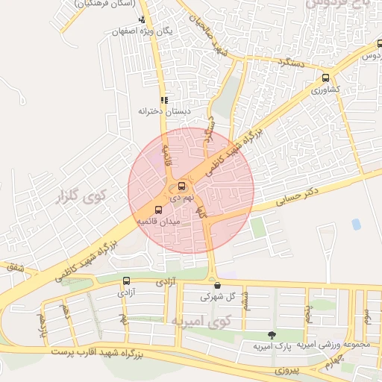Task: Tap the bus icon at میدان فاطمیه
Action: pyautogui.click(x=157, y=210)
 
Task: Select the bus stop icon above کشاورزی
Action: pyautogui.click(x=325, y=78)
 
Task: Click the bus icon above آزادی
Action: pyautogui.click(x=125, y=281)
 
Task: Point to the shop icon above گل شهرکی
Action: pyautogui.click(x=216, y=284)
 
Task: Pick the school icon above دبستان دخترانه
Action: pyautogui.click(x=164, y=99)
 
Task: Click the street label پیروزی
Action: pyautogui.click(x=285, y=369)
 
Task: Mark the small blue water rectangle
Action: pyautogui.click(x=356, y=224)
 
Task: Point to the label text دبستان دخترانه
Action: pyautogui.click(x=164, y=111)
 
